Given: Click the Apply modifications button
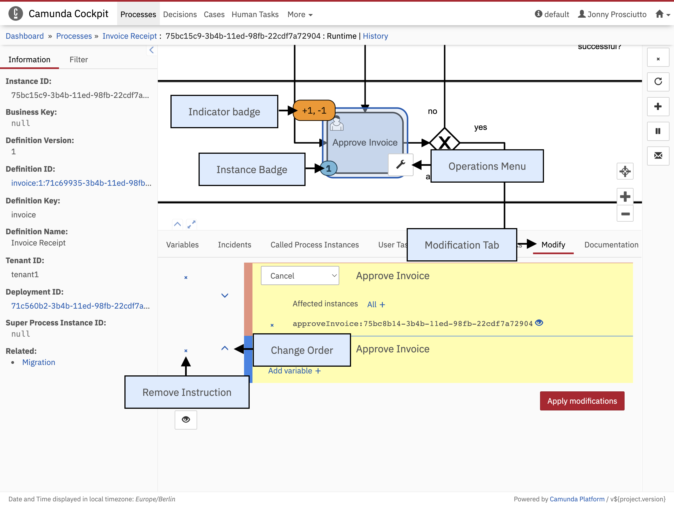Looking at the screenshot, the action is coord(582,401).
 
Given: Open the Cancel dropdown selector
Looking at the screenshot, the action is coord(300,276).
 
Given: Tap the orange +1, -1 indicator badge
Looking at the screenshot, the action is coord(314,110).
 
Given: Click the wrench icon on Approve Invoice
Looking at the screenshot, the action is coord(401,165).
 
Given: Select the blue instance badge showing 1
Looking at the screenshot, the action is coord(329,168).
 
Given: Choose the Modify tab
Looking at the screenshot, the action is coord(553,245).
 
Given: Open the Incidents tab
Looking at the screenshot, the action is coord(234,245).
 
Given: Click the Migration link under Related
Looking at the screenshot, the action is coord(39,362).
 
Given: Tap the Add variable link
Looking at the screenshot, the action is coord(294,371).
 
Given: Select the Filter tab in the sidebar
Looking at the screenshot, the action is coord(79,59).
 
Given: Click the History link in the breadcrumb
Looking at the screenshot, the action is coord(375,36).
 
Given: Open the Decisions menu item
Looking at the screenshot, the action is coord(180,14).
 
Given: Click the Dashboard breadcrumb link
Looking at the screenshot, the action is coord(25,36).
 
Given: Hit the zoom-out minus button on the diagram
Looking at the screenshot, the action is coord(625,214).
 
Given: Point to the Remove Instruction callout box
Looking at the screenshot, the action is coord(187,392).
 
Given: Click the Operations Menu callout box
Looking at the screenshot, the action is coord(487,166).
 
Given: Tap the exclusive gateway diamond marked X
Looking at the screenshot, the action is coord(445,142).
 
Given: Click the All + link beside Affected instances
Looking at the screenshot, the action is coord(376,304).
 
